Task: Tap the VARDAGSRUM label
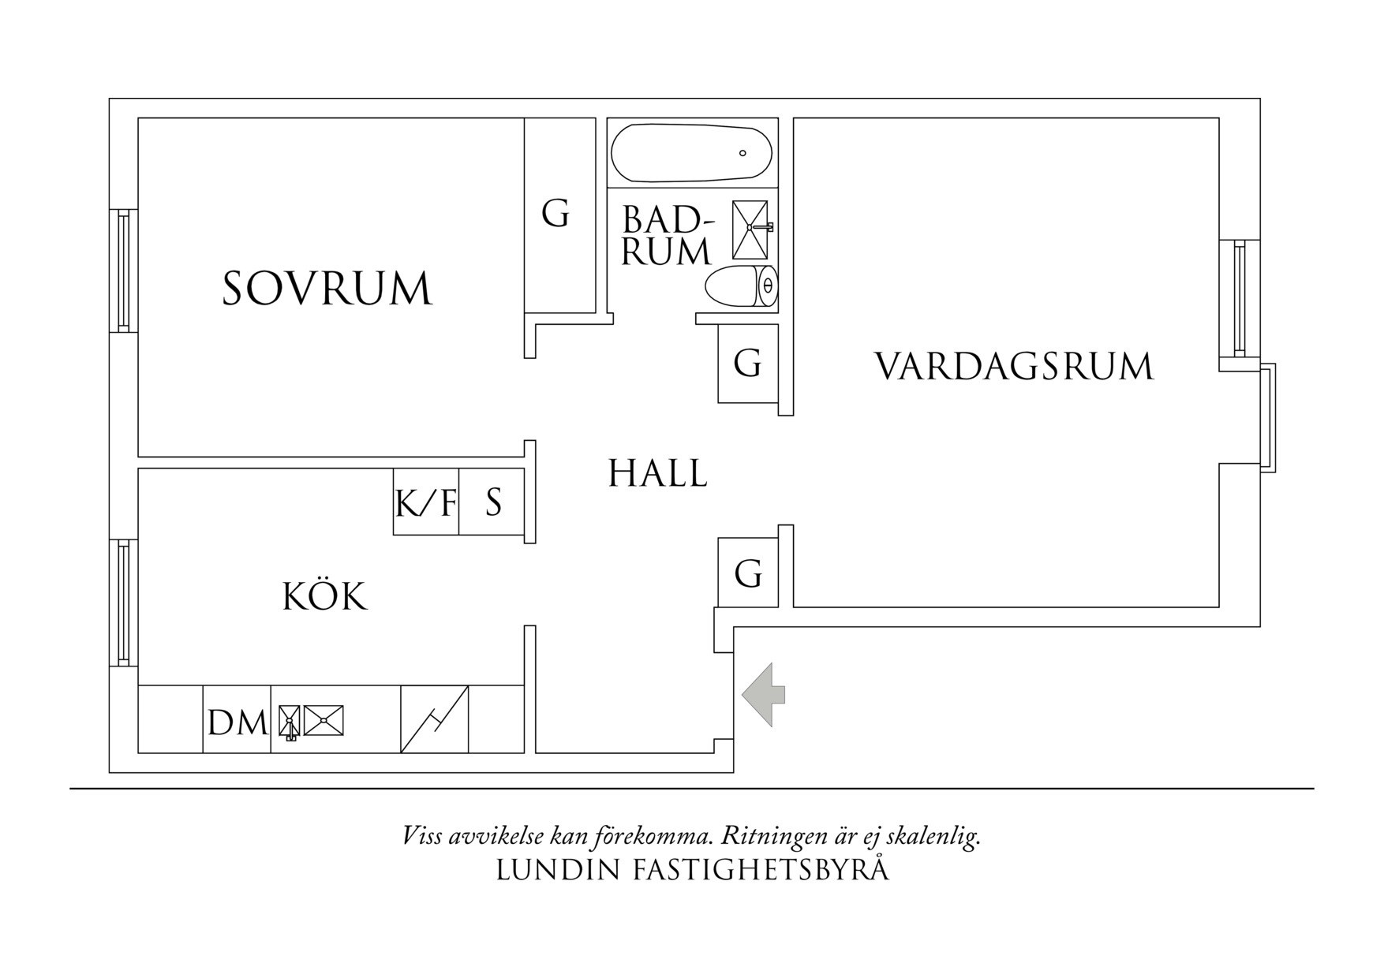coord(1014,367)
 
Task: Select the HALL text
coord(657,473)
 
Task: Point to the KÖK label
coord(325,596)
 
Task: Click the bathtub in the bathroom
coord(692,152)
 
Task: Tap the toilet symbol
coord(741,286)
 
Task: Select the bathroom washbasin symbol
coord(750,229)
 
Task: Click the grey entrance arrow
coord(762,694)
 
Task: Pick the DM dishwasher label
coord(238,722)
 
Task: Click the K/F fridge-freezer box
coord(426,502)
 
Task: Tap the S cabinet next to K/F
coord(492,502)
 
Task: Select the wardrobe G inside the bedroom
coord(555,213)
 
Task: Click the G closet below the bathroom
coord(747,364)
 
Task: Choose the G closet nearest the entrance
coord(748,573)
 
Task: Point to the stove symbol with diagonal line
coord(435,719)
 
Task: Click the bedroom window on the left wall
coord(123,271)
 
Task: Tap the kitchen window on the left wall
coord(123,603)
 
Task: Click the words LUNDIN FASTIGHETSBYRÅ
coord(692,870)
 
